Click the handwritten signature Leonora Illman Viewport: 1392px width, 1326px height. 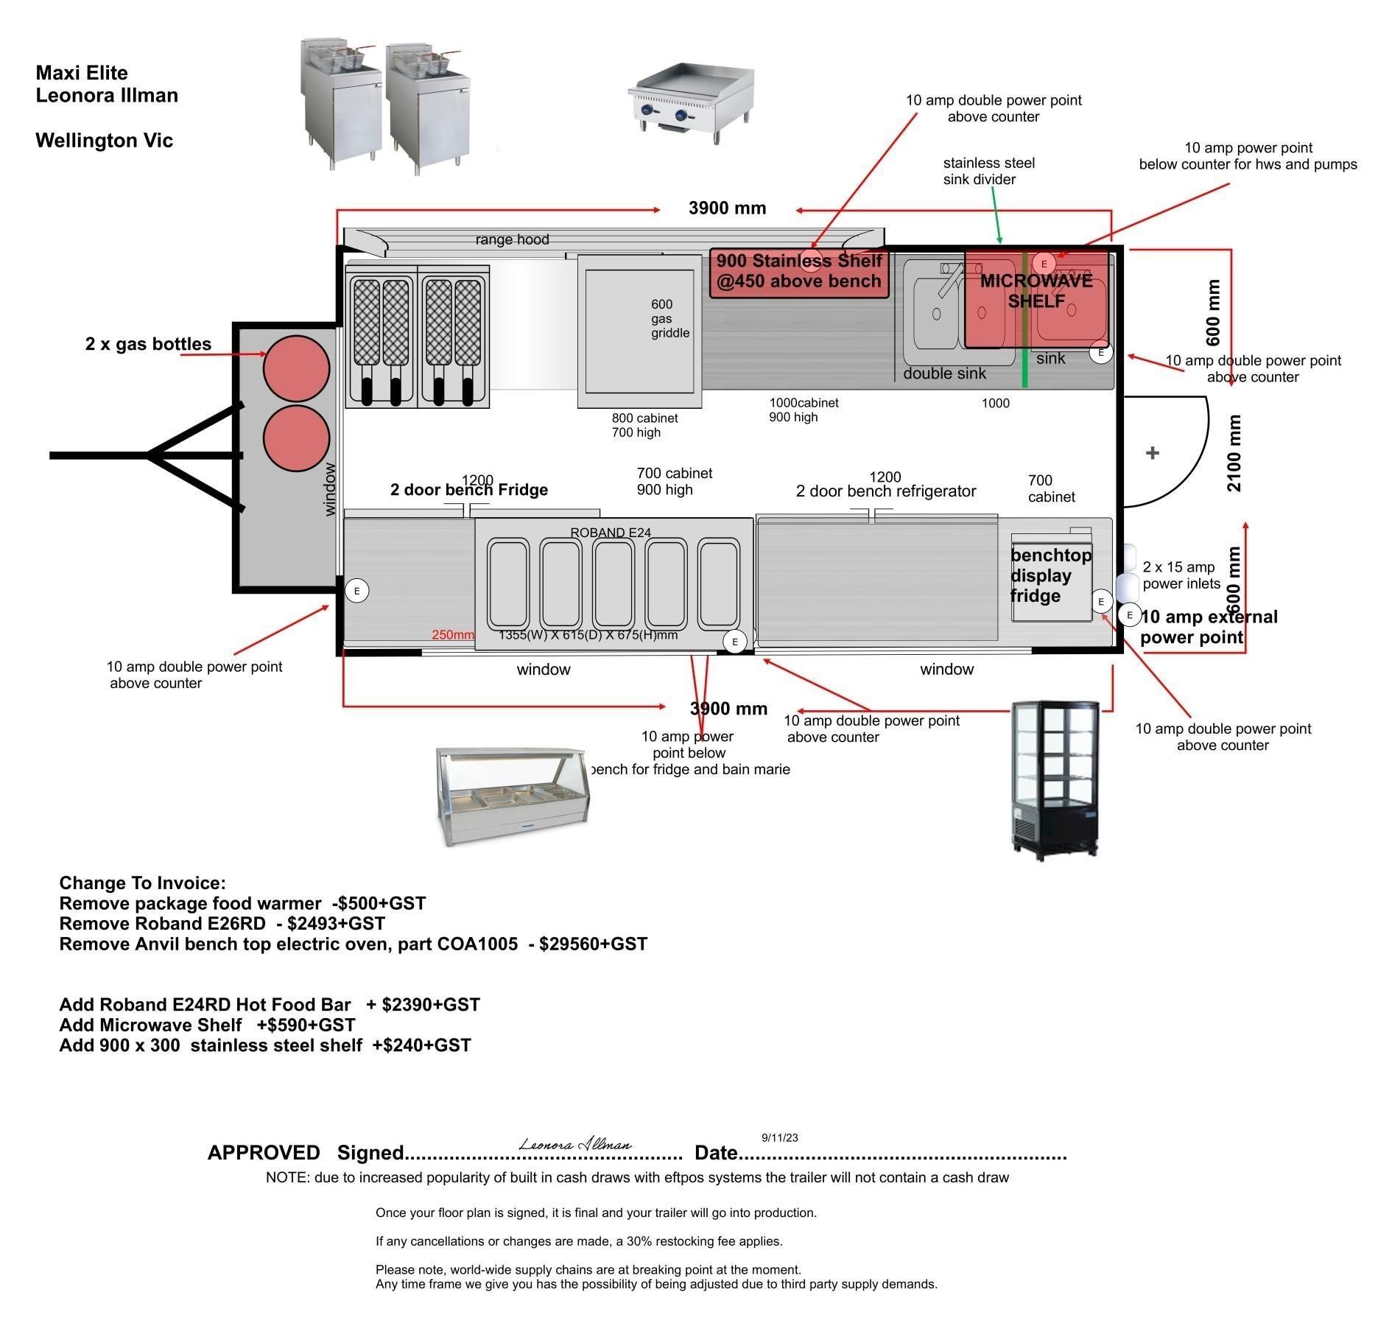[575, 1144]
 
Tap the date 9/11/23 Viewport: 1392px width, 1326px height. [779, 1137]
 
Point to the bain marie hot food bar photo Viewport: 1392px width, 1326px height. [513, 796]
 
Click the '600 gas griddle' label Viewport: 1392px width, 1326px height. [669, 318]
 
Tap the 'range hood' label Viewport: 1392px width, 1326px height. [512, 239]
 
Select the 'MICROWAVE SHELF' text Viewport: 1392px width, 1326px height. [1036, 291]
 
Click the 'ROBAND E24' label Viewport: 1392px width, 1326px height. [611, 532]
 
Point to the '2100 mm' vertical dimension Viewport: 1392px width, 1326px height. [1234, 453]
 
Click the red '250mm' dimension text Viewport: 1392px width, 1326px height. [453, 635]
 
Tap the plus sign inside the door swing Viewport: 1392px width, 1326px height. [1153, 453]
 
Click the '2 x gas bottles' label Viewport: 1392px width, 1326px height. [148, 344]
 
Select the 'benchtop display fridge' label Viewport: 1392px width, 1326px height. [1050, 575]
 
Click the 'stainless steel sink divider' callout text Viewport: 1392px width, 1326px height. [988, 171]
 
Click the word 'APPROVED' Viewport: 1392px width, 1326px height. [264, 1153]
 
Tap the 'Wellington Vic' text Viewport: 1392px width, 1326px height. [104, 141]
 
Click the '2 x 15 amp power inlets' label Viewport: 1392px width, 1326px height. [1181, 575]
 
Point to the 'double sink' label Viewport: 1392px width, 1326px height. [944, 373]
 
